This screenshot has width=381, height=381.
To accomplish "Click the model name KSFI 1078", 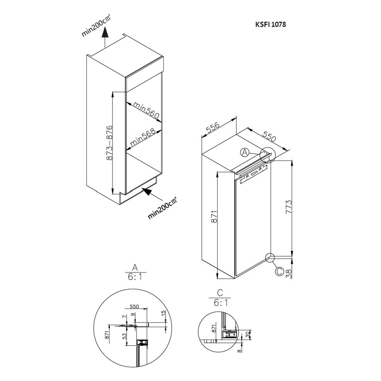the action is pyautogui.click(x=271, y=24).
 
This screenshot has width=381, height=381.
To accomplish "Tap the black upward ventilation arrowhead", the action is pyautogui.click(x=104, y=31).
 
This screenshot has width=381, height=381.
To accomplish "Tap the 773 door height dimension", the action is pyautogui.click(x=289, y=207).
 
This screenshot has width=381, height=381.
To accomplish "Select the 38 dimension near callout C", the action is pyautogui.click(x=289, y=274).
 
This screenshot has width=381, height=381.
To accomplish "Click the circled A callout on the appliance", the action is pyautogui.click(x=245, y=152).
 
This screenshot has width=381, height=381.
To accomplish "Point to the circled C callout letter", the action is pyautogui.click(x=280, y=271).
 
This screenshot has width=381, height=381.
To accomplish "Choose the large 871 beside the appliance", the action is pyautogui.click(x=214, y=217).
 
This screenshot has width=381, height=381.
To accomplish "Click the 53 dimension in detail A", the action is pyautogui.click(x=125, y=336).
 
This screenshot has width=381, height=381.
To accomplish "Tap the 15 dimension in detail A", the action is pyautogui.click(x=163, y=312).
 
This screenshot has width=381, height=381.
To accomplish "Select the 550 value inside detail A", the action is pyautogui.click(x=134, y=306).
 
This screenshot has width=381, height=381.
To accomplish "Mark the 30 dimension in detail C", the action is pyautogui.click(x=248, y=335).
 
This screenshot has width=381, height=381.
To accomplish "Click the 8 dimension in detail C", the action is pyautogui.click(x=240, y=351).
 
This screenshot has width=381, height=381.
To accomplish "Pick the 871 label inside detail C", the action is pyautogui.click(x=214, y=328).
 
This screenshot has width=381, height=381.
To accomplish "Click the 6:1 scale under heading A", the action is pyautogui.click(x=135, y=277).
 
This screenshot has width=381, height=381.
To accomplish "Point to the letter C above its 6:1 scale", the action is pyautogui.click(x=220, y=292).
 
